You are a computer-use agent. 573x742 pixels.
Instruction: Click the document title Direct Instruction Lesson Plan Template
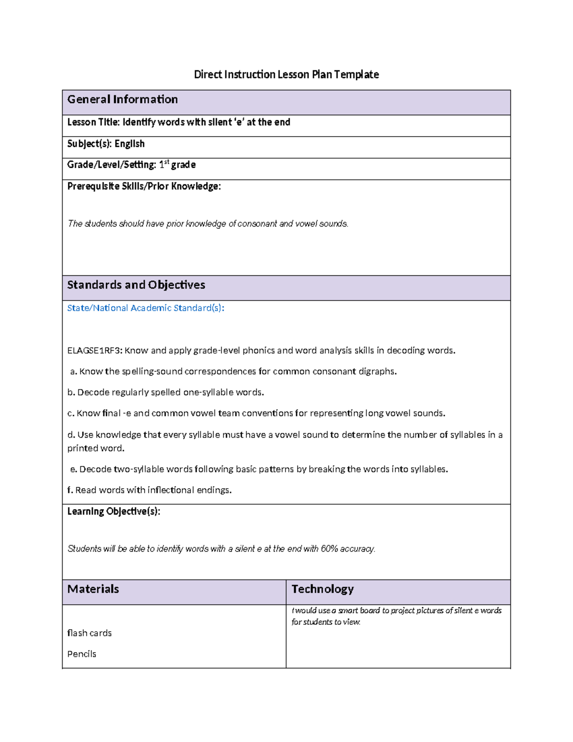click(286, 75)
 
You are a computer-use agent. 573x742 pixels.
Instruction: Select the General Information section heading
click(122, 99)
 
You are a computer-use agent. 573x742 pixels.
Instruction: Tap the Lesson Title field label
click(94, 122)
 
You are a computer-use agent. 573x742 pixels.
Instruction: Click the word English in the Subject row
click(129, 144)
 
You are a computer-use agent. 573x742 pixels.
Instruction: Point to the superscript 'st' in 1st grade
click(167, 162)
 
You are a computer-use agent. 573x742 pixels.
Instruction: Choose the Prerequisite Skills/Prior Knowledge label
click(144, 186)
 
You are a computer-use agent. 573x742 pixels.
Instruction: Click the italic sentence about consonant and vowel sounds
click(208, 224)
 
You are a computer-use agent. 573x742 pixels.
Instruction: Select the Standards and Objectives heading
click(136, 285)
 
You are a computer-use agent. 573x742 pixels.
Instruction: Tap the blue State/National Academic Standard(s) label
click(146, 308)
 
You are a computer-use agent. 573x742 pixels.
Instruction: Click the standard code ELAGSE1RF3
click(95, 351)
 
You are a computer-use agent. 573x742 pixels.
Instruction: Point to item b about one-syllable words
click(165, 393)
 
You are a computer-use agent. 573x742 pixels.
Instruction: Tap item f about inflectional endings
click(149, 490)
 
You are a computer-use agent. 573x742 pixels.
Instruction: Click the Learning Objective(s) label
click(114, 512)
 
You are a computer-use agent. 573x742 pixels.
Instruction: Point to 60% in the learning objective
click(329, 549)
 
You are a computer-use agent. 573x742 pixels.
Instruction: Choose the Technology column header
click(322, 589)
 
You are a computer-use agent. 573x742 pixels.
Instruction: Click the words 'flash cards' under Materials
click(89, 633)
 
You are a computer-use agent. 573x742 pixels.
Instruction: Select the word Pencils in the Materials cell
click(82, 654)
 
